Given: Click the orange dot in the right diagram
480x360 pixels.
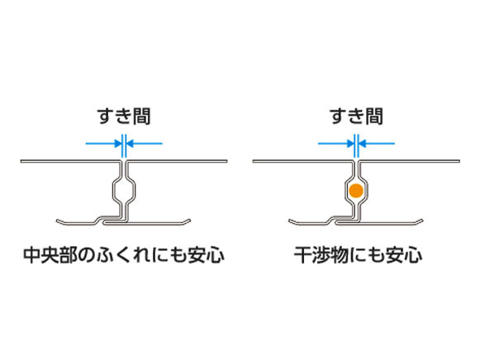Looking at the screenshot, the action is point(356,190).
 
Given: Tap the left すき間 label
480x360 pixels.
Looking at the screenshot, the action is point(124,116).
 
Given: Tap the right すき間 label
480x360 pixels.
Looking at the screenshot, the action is point(356,116).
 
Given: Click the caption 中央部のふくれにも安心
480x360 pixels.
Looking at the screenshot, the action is point(124,255).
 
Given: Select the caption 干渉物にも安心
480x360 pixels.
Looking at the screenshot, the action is point(358,255).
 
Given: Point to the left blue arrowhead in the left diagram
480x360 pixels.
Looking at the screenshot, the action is point(118,143).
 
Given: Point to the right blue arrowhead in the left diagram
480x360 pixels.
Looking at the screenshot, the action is point(130,143).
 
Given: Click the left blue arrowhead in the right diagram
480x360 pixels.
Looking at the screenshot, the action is point(350,143).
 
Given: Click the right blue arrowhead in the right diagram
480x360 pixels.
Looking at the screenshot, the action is point(362,143).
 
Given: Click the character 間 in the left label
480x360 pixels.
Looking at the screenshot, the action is point(142,116).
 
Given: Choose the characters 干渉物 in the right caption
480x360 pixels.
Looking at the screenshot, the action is point(321,255).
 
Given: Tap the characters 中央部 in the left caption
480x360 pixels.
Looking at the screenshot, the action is point(50,255).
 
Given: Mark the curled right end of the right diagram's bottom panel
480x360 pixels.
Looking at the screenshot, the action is point(419,220).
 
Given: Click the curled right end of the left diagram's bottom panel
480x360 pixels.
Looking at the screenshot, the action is point(187,220).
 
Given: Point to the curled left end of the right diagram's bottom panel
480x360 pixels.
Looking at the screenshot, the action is point(292,221).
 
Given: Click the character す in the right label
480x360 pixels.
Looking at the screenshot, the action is point(338,116).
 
